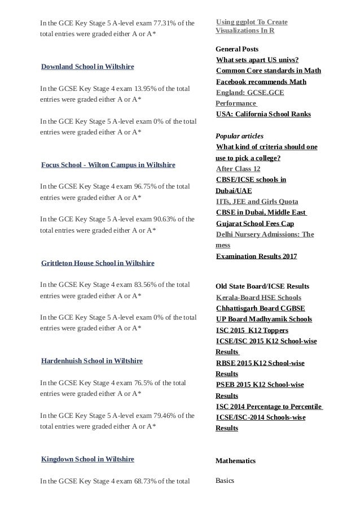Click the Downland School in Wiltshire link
click(x=87, y=67)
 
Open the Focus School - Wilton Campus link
click(x=108, y=165)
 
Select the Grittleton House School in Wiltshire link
click(x=98, y=263)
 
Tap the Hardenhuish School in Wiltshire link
click(x=91, y=361)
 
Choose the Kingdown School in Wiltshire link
click(x=87, y=459)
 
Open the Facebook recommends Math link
click(x=261, y=82)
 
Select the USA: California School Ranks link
click(x=263, y=114)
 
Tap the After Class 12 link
click(x=238, y=169)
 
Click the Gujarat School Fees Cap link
click(x=254, y=223)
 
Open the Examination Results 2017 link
click(x=256, y=256)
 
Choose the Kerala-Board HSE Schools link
click(x=258, y=298)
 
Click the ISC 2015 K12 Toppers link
click(x=252, y=330)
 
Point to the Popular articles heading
click(x=239, y=137)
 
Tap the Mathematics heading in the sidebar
click(x=235, y=461)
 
